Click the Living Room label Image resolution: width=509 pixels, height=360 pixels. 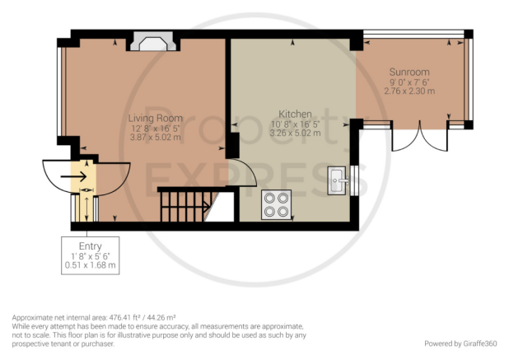coord(155,118)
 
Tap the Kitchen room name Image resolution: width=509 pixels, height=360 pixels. coord(295,114)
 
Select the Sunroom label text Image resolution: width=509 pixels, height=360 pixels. coord(409,72)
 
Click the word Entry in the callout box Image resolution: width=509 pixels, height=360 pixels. coord(91,246)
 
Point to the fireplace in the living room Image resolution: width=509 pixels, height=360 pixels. coord(153,41)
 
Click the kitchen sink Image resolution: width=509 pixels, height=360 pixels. coord(337,180)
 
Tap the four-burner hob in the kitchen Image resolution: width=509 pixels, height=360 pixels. coord(276,205)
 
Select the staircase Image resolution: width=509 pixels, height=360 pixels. coord(185,205)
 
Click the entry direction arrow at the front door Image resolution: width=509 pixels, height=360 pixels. coord(73,177)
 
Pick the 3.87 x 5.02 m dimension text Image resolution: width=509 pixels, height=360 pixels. coord(155,138)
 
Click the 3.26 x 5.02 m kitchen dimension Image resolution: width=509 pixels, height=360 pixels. coord(295,133)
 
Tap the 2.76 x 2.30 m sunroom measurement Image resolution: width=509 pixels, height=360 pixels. coord(409,91)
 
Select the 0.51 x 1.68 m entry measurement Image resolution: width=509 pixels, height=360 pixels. coord(91,265)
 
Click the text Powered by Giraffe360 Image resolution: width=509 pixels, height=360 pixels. coord(460,344)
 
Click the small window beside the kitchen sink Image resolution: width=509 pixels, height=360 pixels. coord(354,180)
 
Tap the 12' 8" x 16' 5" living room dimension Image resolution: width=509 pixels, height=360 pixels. coord(155,129)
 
